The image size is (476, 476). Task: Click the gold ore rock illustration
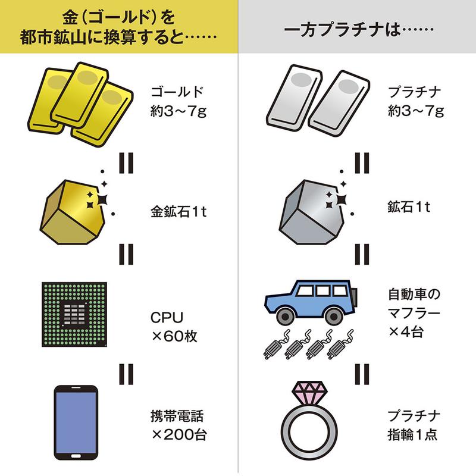[x=72, y=212]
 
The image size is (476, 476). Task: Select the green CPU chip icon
[x=74, y=314]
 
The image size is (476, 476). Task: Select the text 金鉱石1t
[x=178, y=212]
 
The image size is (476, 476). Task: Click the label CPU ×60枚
[x=174, y=327]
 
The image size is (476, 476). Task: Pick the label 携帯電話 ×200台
[x=178, y=425]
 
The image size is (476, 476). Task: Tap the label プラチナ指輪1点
[x=414, y=425]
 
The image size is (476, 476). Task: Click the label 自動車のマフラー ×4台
[x=414, y=313]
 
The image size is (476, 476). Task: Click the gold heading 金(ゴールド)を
[x=118, y=18]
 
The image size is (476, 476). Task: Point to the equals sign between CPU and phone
[x=126, y=374]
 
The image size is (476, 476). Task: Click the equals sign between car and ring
[x=362, y=374]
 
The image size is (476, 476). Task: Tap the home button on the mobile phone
[x=76, y=456]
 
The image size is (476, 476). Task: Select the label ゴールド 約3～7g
[x=178, y=101]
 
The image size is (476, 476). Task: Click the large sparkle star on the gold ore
[x=102, y=199]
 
